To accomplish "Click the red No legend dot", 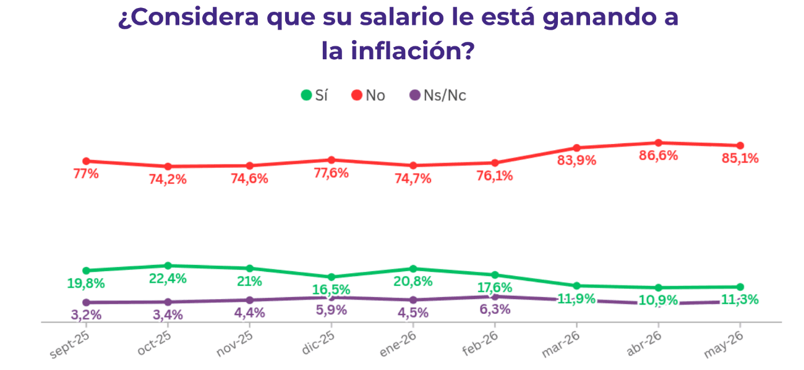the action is click(x=356, y=95).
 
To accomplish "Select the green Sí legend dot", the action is click(x=306, y=95).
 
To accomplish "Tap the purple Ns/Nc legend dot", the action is click(x=415, y=95).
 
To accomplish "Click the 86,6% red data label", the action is click(x=658, y=156).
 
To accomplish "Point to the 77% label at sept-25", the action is click(x=86, y=174).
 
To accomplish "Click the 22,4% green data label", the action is click(x=168, y=279).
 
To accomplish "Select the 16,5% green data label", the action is click(x=331, y=290).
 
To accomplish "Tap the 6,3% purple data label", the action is click(x=495, y=309).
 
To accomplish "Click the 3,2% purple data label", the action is click(x=86, y=315).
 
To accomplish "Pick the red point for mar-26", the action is click(x=577, y=148).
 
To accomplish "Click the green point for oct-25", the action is click(x=168, y=266).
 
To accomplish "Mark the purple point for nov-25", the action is click(x=250, y=300).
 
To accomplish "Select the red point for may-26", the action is click(x=740, y=146).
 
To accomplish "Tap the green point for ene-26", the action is click(x=413, y=269).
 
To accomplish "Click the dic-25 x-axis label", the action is click(x=318, y=343).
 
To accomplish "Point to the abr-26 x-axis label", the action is click(x=644, y=343).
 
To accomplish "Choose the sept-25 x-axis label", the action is click(x=69, y=344).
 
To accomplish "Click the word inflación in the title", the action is click(x=413, y=51).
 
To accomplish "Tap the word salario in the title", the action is click(x=401, y=17).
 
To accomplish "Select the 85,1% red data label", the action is click(x=740, y=159).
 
